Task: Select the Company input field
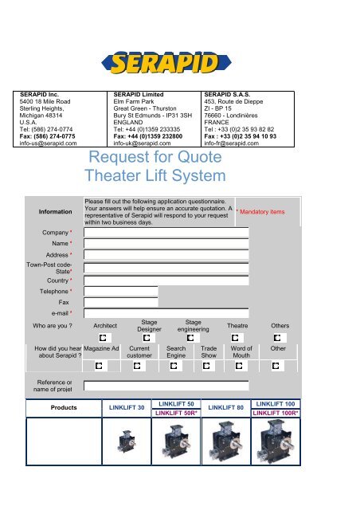pyautogui.click(x=166, y=210)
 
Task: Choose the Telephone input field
pyautogui.click(x=121, y=292)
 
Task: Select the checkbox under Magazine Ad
pyautogui.click(x=100, y=366)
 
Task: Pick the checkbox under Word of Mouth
pyautogui.click(x=240, y=366)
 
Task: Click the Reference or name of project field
pyautogui.click(x=166, y=385)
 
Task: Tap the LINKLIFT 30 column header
pyautogui.click(x=126, y=408)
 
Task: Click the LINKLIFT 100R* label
pyautogui.click(x=276, y=414)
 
